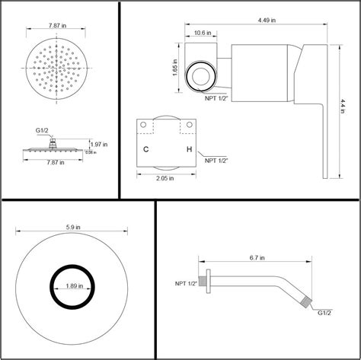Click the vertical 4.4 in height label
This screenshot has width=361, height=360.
tap(343, 104)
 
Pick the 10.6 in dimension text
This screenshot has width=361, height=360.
tap(203, 33)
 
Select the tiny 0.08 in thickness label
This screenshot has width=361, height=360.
tap(89, 152)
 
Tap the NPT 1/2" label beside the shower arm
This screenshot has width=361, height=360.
tap(186, 284)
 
